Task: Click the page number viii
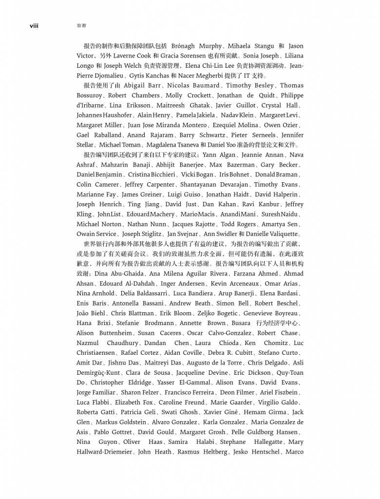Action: [x=34, y=25]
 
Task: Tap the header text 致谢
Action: [x=81, y=25]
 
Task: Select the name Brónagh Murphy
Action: [x=196, y=46]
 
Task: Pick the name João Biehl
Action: [x=91, y=313]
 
